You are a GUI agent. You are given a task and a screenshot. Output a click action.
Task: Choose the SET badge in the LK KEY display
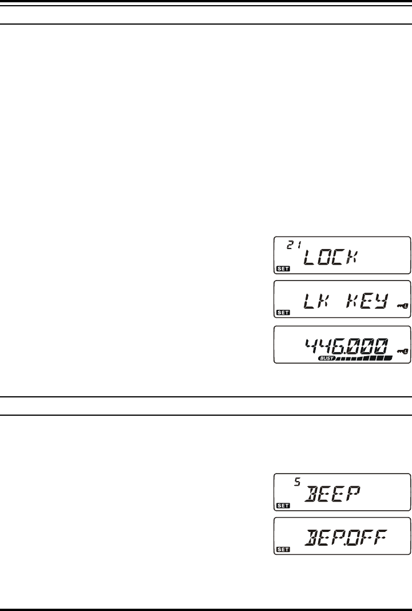point(283,313)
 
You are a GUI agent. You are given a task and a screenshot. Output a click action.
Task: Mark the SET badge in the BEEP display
point(283,505)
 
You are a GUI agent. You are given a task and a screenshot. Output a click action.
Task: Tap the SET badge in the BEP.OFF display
point(283,549)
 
